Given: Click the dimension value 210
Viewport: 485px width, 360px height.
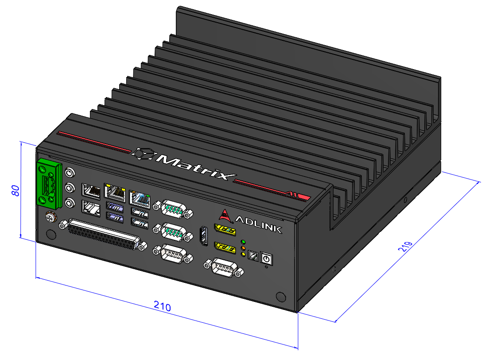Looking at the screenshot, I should point(162,305).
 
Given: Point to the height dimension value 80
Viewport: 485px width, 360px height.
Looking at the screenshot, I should point(15,191).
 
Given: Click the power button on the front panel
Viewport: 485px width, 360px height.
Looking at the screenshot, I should point(266,258).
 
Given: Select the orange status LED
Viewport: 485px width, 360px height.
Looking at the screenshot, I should point(243,248).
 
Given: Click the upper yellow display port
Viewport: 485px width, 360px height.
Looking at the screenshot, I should point(225,229).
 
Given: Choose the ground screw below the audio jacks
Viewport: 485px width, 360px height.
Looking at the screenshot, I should point(50,218).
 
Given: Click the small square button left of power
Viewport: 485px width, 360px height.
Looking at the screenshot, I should point(253,256).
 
